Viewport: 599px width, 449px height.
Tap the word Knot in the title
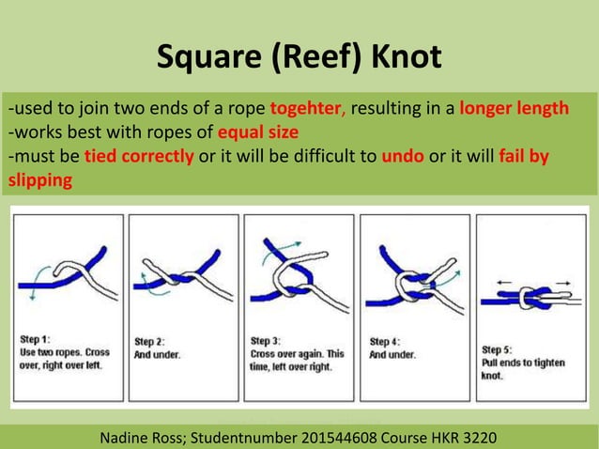[x=407, y=57]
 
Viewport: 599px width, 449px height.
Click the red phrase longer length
[x=514, y=107]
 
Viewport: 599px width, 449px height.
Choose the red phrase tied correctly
[x=138, y=155]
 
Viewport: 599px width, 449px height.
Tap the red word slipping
[x=39, y=179]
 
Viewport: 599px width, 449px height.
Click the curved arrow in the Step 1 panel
[x=32, y=284]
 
